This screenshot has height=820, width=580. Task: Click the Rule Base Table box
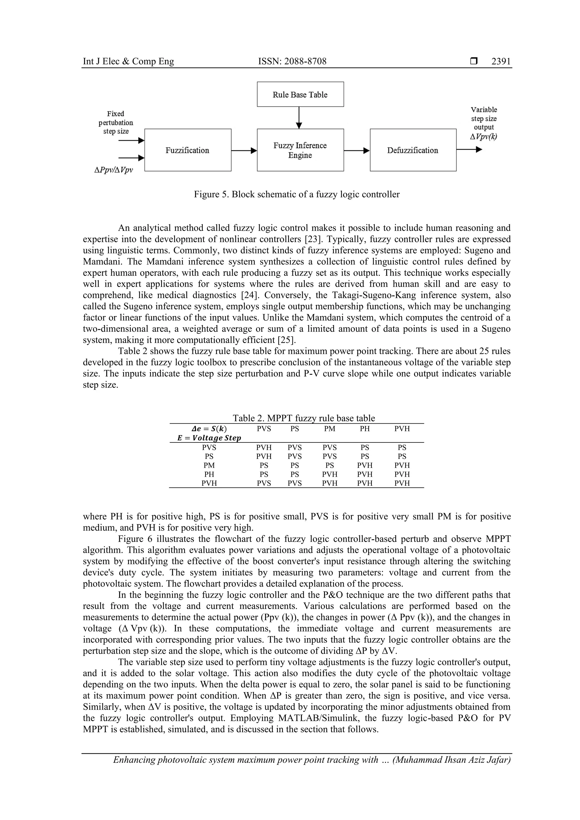click(300, 94)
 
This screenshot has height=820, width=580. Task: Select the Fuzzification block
click(187, 150)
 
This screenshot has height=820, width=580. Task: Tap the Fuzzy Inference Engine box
click(300, 150)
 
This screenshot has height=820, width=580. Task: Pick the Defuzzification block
click(413, 150)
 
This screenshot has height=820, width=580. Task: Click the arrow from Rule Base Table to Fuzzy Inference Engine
click(299, 117)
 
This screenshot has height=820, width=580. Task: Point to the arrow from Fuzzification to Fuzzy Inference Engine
click(244, 150)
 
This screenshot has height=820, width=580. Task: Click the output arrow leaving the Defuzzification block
click(469, 150)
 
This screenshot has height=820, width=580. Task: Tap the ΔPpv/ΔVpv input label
click(114, 170)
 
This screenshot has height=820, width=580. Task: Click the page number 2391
click(501, 61)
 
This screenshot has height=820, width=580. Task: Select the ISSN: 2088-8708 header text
click(292, 61)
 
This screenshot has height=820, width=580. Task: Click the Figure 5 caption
click(297, 194)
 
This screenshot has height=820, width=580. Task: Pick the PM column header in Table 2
click(329, 429)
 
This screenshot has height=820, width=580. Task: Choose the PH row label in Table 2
click(209, 474)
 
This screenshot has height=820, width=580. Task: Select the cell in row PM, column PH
click(364, 465)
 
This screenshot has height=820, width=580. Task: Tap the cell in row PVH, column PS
click(295, 483)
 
